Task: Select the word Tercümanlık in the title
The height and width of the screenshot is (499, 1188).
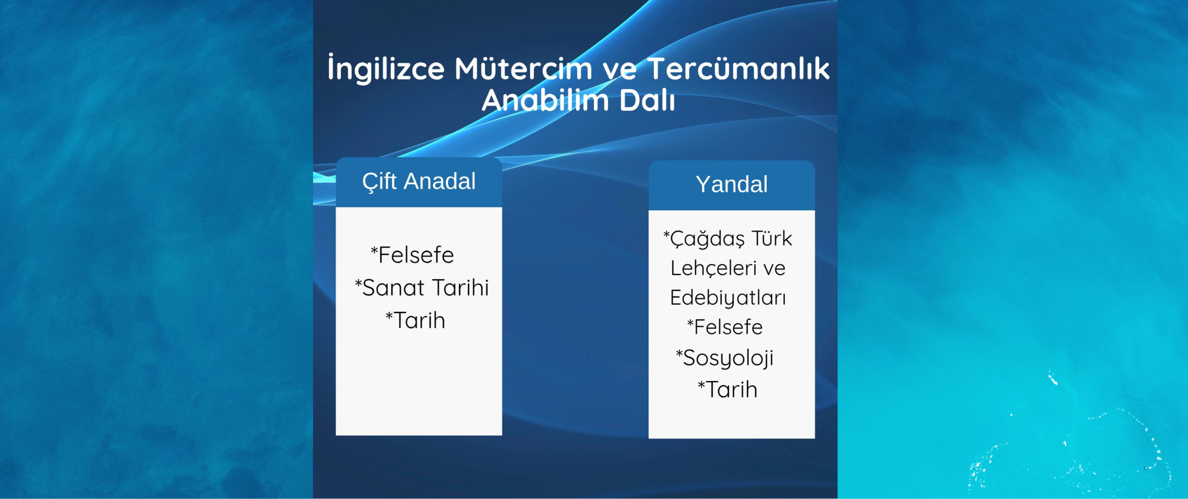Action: (738, 68)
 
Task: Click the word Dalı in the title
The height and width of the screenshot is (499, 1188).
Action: (647, 100)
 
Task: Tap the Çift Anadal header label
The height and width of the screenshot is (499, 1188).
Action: (419, 181)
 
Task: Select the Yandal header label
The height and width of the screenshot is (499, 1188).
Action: (731, 184)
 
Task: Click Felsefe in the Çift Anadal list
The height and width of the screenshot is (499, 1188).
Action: (416, 255)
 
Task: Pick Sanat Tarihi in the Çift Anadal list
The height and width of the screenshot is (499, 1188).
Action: (425, 288)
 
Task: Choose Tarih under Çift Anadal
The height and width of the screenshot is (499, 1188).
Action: (419, 320)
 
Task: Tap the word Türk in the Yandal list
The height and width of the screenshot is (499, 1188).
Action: (772, 238)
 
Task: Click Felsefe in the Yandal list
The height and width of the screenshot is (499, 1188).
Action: (728, 327)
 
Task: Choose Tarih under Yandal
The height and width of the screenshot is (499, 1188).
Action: (731, 390)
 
